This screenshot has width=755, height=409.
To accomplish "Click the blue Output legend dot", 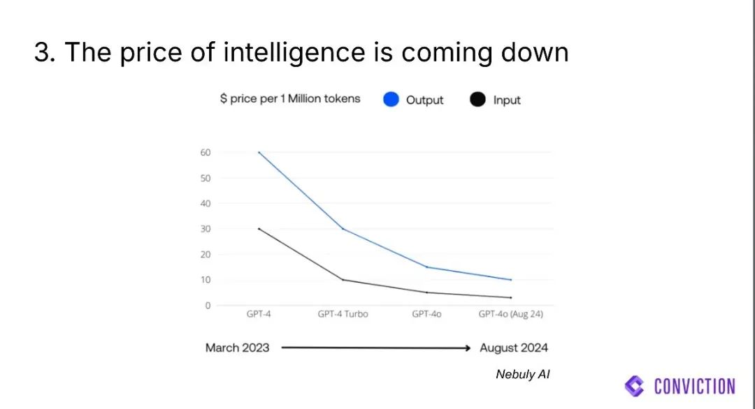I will coord(391,100).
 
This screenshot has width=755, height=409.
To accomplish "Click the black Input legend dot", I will coord(478,100).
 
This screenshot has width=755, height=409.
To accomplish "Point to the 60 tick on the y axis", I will coord(206,152).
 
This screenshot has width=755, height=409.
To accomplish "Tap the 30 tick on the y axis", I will coord(206,229).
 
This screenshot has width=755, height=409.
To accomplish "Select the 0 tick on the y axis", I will coord(208,306).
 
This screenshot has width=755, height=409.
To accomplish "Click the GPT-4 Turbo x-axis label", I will coord(343,314).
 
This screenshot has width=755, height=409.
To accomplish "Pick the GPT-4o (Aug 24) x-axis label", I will coord(511,314).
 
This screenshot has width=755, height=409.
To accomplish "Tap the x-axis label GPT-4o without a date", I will coord(426,314).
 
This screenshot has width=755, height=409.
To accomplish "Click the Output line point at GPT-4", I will coord(259,152).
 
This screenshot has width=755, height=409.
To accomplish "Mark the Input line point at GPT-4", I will coord(259,229).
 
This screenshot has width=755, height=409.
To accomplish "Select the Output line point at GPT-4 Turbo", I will coord(343,229).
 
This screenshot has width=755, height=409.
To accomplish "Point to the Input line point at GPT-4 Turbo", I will coord(343,280).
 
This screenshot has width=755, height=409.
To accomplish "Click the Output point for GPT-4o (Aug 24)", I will coord(511,280).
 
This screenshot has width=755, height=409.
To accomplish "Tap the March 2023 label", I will coord(237,348).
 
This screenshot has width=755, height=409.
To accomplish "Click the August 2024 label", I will coord(514,348).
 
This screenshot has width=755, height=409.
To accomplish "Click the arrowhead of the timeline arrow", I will coord(468,348).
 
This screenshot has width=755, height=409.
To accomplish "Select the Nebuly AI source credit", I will coord(523,375).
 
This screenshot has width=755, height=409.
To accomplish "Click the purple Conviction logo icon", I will coord(635,386).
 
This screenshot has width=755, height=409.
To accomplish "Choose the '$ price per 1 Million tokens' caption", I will coord(290,99).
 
